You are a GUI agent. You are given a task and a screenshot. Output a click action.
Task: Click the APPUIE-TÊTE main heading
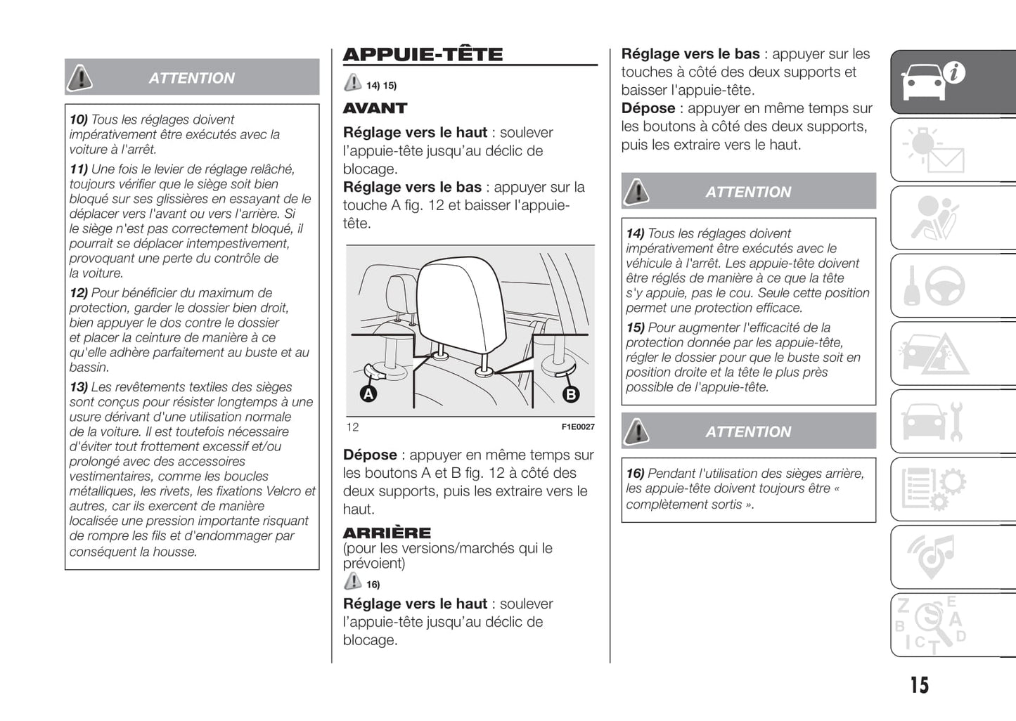pyautogui.click(x=423, y=55)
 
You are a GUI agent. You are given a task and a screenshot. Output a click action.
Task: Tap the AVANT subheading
pyautogui.click(x=375, y=108)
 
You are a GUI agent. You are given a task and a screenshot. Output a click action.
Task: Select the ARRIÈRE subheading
pyautogui.click(x=387, y=533)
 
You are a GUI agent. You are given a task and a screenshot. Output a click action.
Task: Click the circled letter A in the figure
pyautogui.click(x=368, y=394)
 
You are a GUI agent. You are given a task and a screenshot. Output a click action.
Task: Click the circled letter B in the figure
pyautogui.click(x=571, y=394)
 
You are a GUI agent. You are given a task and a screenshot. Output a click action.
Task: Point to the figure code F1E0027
pyautogui.click(x=577, y=427)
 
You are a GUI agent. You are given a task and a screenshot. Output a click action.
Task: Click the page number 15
pyautogui.click(x=919, y=684)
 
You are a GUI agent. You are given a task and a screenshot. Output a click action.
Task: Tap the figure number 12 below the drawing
pyautogui.click(x=352, y=427)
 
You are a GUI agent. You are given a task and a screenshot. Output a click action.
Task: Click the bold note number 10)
pyautogui.click(x=78, y=119)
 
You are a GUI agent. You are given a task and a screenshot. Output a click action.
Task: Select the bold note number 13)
pyautogui.click(x=78, y=387)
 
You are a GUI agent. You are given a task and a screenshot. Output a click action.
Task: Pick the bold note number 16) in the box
pyautogui.click(x=635, y=474)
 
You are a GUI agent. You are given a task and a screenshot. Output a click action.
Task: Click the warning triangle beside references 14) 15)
pyautogui.click(x=352, y=84)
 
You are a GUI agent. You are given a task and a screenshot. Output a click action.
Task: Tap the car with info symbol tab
pyautogui.click(x=934, y=82)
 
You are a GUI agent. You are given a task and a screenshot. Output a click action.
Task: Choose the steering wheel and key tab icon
pyautogui.click(x=934, y=285)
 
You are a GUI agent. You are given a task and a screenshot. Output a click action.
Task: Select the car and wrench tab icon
pyautogui.click(x=934, y=422)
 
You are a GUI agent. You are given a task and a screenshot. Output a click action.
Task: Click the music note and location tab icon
pyautogui.click(x=934, y=557)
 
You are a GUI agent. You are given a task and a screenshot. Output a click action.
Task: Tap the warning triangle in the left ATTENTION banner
pyautogui.click(x=80, y=78)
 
